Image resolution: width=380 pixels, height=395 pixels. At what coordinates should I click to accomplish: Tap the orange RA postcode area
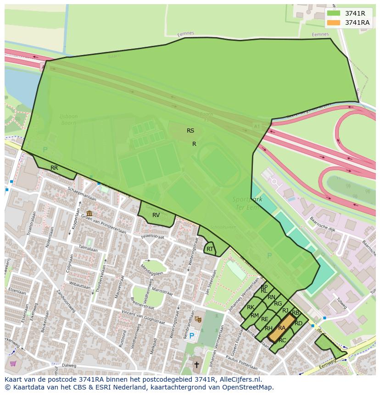[282, 328]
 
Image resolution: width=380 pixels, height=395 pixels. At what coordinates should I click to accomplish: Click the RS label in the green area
[190, 131]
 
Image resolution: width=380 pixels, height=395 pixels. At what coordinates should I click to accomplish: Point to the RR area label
[54, 168]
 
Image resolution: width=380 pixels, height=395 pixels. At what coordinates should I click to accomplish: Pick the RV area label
[156, 215]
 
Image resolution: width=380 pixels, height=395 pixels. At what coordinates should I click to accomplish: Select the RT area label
[210, 250]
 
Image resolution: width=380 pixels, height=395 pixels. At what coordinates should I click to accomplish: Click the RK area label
[251, 307]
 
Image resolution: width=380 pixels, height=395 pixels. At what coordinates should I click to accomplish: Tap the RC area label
[282, 340]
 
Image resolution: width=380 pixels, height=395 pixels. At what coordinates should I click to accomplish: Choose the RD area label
[299, 323]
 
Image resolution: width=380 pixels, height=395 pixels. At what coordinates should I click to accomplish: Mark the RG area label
[278, 304]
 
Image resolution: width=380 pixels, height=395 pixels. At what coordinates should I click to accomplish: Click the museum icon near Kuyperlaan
[89, 213]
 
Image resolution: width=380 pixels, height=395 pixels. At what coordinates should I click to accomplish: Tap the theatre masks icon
[198, 318]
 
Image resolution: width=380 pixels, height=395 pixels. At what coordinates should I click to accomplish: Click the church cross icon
[197, 365]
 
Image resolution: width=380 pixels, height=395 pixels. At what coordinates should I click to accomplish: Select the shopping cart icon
[13, 364]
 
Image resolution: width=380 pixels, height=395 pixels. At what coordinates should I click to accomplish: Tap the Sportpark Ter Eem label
[248, 203]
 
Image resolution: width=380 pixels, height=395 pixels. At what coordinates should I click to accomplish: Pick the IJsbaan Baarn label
[69, 120]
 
